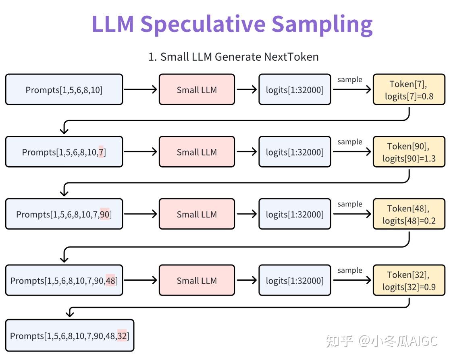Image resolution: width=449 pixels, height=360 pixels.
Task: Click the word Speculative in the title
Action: (202, 24)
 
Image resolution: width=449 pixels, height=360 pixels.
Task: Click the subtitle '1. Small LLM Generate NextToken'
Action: (233, 57)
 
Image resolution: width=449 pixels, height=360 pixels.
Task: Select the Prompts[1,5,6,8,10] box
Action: (64, 90)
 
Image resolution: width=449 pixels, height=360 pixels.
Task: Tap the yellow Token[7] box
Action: (409, 90)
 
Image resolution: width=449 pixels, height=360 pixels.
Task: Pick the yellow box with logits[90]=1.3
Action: (409, 152)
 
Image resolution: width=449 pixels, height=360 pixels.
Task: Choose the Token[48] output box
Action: (409, 214)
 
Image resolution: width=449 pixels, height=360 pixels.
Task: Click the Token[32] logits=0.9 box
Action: (409, 281)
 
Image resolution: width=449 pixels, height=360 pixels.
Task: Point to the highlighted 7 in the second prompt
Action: (101, 152)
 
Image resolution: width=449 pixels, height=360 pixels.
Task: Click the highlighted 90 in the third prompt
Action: (104, 214)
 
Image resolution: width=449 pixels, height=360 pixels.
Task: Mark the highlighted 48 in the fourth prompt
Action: (110, 281)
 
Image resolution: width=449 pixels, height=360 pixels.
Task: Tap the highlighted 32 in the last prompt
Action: (122, 335)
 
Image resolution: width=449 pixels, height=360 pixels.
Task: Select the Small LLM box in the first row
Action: (197, 90)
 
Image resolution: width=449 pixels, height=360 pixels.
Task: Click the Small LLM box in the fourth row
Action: (197, 281)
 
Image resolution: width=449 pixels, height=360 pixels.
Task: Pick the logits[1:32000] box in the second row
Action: (295, 152)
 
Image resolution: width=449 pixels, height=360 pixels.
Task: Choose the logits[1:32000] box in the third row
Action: (295, 214)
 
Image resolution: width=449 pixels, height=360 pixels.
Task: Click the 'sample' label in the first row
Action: (349, 80)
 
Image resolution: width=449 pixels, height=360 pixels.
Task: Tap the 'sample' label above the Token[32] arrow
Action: (349, 270)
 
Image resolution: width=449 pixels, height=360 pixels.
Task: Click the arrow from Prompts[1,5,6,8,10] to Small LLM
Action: (140, 90)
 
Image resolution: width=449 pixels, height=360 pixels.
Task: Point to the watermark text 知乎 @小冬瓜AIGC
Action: (381, 341)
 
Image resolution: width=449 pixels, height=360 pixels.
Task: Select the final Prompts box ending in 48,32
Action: (69, 335)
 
